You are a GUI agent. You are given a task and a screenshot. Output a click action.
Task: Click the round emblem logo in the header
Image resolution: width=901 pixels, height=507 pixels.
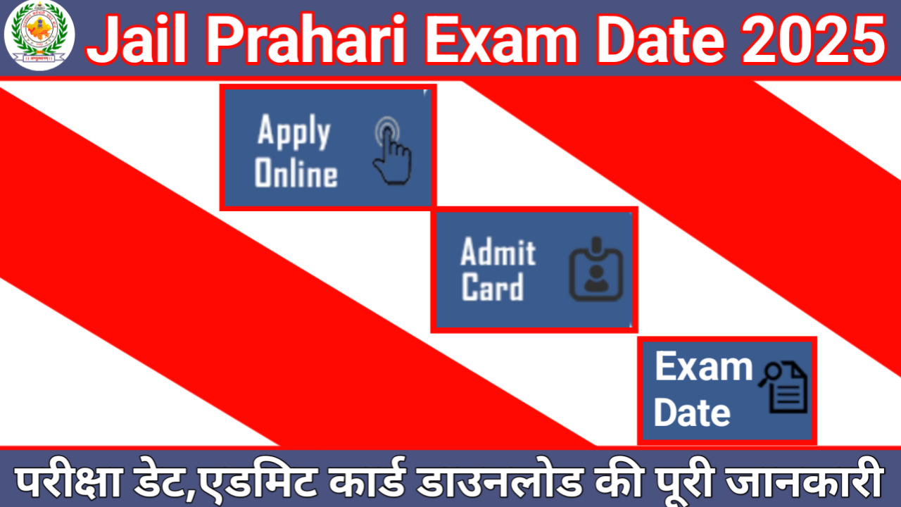[39, 36]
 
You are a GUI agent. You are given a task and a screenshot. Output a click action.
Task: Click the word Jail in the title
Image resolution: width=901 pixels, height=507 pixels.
[137, 39]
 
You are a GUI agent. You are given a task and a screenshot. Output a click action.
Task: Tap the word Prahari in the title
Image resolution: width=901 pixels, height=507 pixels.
[306, 39]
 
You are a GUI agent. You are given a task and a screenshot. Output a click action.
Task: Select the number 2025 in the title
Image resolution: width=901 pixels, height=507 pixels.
[814, 39]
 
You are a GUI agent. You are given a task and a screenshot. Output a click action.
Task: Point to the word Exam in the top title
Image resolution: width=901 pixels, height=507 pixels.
[501, 39]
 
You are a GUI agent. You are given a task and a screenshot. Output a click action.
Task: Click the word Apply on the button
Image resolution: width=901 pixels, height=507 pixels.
[294, 131]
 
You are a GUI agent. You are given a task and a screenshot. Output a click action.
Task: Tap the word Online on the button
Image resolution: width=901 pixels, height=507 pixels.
[296, 173]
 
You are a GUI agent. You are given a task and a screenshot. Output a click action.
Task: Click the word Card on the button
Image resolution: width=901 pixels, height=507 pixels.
[492, 287]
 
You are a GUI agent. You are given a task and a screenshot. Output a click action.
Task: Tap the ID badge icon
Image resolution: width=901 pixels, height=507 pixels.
[596, 269]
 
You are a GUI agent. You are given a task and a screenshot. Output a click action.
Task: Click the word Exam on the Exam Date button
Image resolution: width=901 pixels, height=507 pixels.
[704, 366]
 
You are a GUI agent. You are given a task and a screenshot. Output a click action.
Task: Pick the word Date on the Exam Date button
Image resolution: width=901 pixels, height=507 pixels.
[692, 412]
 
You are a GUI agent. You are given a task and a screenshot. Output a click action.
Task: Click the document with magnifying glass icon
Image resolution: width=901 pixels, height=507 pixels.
[783, 387]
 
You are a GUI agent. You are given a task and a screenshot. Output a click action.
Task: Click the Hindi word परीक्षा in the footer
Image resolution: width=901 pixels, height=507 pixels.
[68, 480]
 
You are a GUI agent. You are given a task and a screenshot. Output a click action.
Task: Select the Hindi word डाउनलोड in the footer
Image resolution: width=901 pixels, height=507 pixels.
[500, 480]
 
